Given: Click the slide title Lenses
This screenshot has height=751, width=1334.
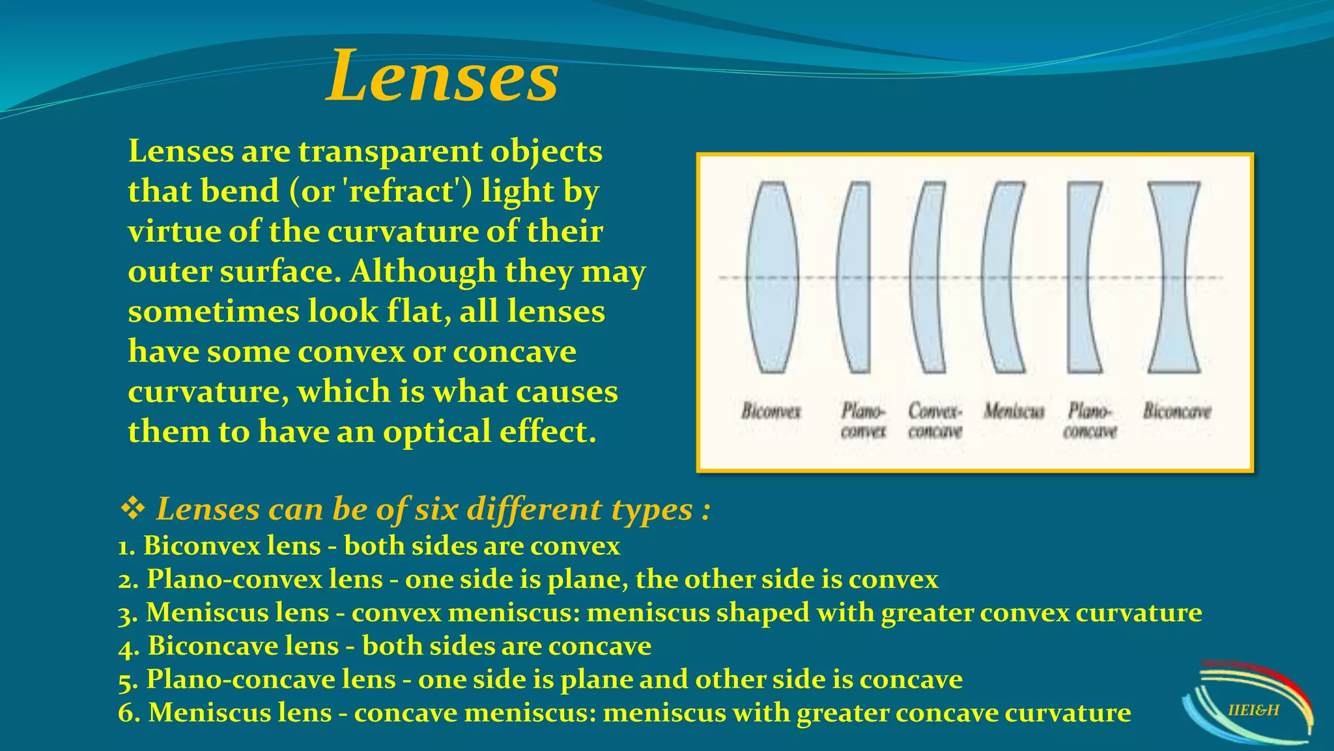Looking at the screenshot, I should pos(442,77).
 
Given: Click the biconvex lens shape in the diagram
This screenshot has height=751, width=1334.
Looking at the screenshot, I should pos(773,277).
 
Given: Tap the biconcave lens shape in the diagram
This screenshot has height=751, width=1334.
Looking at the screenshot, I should pos(1173,277).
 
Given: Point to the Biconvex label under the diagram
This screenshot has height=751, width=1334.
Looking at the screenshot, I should pos(771,411).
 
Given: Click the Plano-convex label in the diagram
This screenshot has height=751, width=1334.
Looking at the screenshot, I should pos(863,421).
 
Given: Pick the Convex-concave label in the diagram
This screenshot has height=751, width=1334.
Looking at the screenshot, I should pos(935,421).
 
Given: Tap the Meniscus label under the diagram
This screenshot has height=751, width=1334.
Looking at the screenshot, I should pos(1014,411).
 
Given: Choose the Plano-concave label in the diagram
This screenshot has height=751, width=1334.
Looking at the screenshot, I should pos(1090,421).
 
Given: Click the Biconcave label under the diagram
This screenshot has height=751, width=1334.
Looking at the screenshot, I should pos(1177,411).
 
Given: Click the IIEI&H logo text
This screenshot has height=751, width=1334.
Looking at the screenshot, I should pos(1253,710).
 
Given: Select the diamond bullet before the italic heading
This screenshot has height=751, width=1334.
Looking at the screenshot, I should pos(133,508).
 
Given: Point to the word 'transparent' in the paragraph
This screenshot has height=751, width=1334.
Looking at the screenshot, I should pos(390,151).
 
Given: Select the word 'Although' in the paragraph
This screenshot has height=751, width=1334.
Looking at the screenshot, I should pos(423,271).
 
